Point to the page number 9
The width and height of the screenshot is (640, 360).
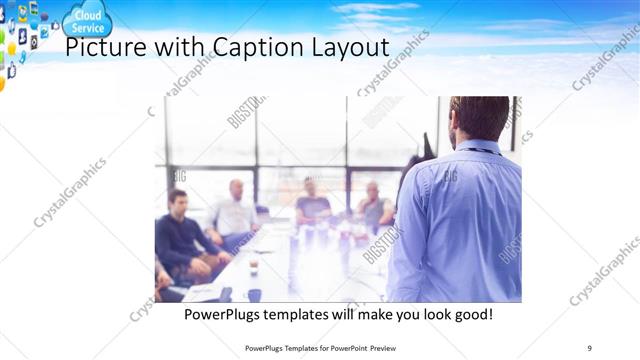pyautogui.click(x=589, y=347)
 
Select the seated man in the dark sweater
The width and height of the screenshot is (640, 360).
pyautogui.click(x=179, y=235)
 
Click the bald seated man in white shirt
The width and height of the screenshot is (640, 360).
pyautogui.click(x=235, y=210)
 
